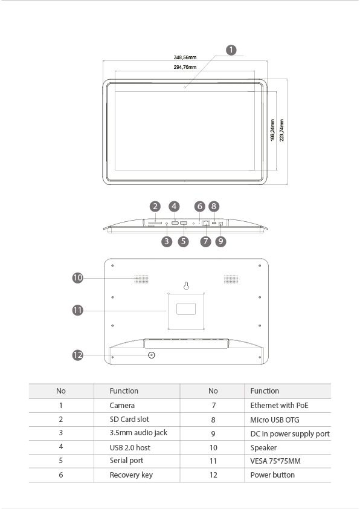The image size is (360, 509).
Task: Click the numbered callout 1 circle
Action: coord(231,50)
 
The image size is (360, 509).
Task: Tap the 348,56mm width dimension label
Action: coord(185,57)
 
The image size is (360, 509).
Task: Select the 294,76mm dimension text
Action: coord(185,67)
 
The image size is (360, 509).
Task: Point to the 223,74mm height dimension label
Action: coord(281,130)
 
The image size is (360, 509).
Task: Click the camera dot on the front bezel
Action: coord(185,87)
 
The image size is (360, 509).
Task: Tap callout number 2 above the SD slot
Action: coord(155,207)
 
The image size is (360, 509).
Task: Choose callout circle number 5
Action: coord(183,241)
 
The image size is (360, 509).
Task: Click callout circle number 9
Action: coord(221,241)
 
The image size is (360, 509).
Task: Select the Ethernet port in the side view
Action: coord(205,223)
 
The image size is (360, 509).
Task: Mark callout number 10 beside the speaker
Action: coord(78,278)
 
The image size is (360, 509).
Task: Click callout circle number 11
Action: coord(78,310)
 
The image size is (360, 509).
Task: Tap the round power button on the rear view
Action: coord(152,355)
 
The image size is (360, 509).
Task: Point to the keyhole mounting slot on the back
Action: coord(186,286)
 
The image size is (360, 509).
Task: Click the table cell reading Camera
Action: coord(122,406)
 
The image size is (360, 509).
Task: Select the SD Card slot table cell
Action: coord(129,420)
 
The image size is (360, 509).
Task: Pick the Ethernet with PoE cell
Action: coord(279,406)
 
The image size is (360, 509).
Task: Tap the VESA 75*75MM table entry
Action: coord(275,461)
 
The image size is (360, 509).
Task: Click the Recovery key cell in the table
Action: coord(131,475)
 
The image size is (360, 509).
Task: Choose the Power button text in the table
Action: coord(272,475)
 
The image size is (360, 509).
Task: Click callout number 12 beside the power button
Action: coord(78,355)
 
